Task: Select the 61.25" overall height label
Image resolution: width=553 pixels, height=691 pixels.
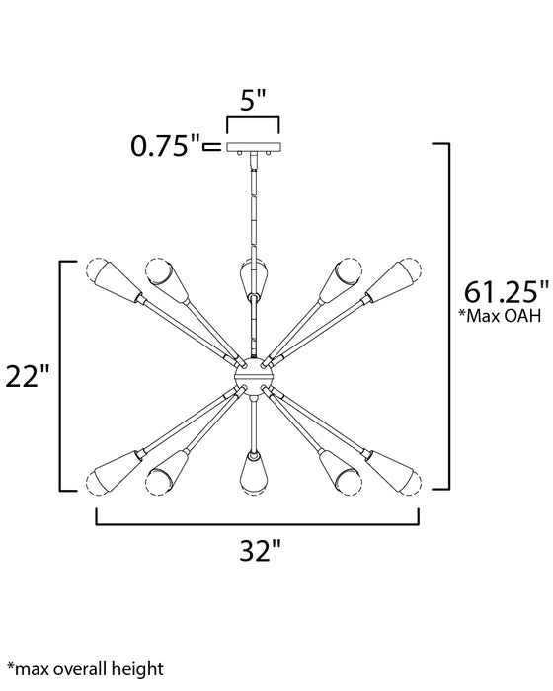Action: [x=506, y=292]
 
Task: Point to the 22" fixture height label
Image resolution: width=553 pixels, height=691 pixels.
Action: [x=28, y=375]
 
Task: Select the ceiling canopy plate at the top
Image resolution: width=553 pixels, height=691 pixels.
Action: [x=253, y=147]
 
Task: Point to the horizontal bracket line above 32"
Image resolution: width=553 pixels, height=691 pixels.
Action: [x=257, y=521]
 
